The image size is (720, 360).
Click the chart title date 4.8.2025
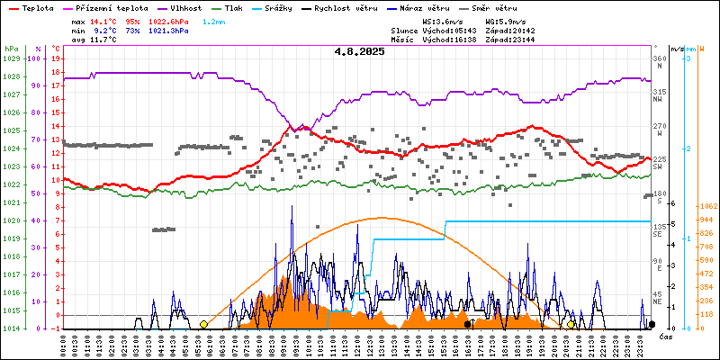pyautogui.click(x=359, y=52)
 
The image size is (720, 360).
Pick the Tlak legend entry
pyautogui.click(x=233, y=7)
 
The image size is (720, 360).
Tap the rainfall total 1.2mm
pyautogui.click(x=214, y=20)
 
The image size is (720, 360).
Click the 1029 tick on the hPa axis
pyautogui.click(x=11, y=58)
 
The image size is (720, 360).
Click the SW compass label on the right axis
pyautogui.click(x=658, y=167)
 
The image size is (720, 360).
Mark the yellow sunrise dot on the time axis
pyautogui.click(x=203, y=324)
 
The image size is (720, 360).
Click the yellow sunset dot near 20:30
pyautogui.click(x=571, y=324)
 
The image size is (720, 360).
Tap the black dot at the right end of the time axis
pyautogui.click(x=652, y=324)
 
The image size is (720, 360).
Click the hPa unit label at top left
pyautogui.click(x=11, y=49)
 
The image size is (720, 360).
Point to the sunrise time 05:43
pyautogui.click(x=469, y=30)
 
